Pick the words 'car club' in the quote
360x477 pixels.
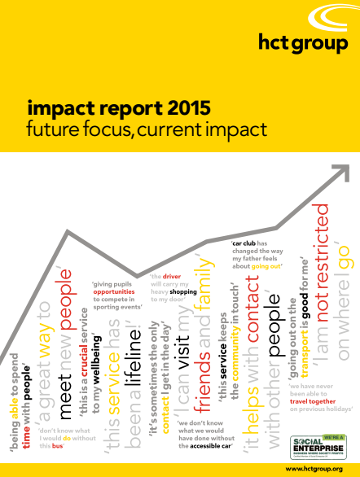click(x=245, y=243)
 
